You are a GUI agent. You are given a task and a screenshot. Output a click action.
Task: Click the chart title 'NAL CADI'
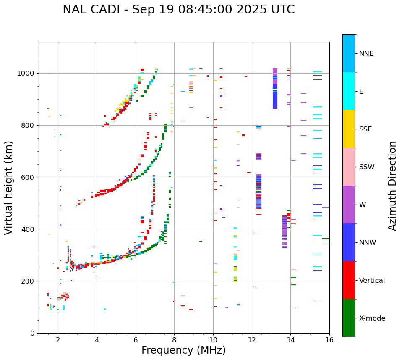click(x=94, y=10)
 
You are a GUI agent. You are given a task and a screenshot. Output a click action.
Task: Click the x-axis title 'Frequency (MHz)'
click(x=183, y=350)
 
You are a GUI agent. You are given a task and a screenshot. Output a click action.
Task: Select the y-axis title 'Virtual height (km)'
click(x=9, y=187)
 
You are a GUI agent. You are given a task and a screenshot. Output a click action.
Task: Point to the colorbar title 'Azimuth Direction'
click(x=392, y=186)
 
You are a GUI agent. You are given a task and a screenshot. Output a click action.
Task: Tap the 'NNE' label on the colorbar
click(x=366, y=54)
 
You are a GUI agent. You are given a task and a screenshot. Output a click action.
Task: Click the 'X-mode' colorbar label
click(x=372, y=318)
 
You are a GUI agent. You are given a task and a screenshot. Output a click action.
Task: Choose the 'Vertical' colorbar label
click(x=372, y=281)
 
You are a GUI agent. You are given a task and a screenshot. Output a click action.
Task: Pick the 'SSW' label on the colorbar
click(x=367, y=167)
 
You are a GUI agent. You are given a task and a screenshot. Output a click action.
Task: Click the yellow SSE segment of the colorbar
click(x=349, y=129)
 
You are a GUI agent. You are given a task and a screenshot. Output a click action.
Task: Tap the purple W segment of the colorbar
click(x=349, y=205)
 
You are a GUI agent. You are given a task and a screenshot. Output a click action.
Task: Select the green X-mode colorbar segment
click(x=349, y=318)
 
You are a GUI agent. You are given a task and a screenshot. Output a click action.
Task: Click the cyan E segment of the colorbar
click(x=349, y=91)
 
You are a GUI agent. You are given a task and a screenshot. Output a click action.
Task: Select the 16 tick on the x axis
click(x=329, y=340)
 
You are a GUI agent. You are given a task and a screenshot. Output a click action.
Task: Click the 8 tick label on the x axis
click(x=174, y=340)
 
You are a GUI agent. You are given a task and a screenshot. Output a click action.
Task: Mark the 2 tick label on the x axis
click(x=58, y=340)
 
